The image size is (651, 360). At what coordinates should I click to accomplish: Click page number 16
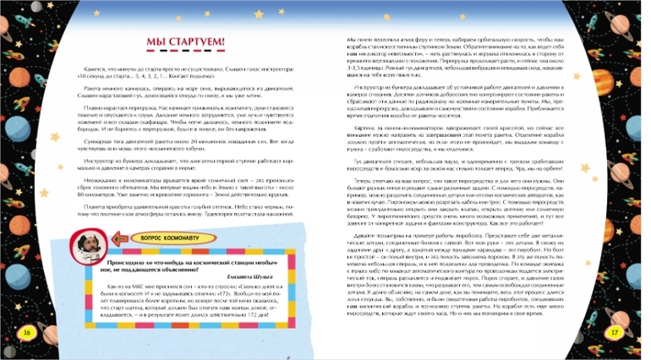click(x=25, y=332)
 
